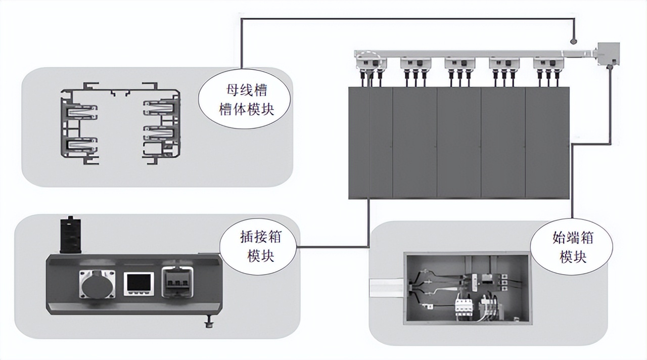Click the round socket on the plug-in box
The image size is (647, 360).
coord(96,283)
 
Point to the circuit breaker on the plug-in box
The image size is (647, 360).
coord(177,282)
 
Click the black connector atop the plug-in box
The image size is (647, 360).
coord(70,236)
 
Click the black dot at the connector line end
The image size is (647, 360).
coord(573,41)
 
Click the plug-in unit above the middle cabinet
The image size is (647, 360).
coord(459,64)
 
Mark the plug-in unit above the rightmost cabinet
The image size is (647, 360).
coord(548,64)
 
